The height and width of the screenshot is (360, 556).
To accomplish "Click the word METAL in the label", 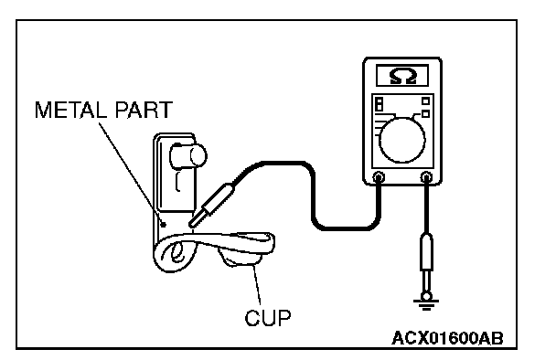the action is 70,110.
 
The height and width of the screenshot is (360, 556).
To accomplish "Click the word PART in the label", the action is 144,110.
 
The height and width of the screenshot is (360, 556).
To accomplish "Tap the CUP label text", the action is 268,317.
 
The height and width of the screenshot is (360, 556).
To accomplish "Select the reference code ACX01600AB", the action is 447,338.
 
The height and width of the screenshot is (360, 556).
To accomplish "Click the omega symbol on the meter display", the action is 402,76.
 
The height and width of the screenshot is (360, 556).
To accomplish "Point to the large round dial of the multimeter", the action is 402,141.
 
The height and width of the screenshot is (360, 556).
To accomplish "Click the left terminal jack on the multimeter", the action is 379,176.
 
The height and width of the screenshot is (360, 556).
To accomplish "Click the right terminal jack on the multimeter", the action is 426,176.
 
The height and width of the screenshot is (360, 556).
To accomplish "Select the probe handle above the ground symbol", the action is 426,251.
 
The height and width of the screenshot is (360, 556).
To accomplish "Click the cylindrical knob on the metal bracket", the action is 188,155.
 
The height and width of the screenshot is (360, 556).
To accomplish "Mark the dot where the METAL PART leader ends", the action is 164,225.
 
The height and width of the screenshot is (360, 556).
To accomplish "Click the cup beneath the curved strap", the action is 241,257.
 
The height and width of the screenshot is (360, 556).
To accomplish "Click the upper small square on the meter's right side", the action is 425,101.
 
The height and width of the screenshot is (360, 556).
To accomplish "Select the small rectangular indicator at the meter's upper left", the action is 380,103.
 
